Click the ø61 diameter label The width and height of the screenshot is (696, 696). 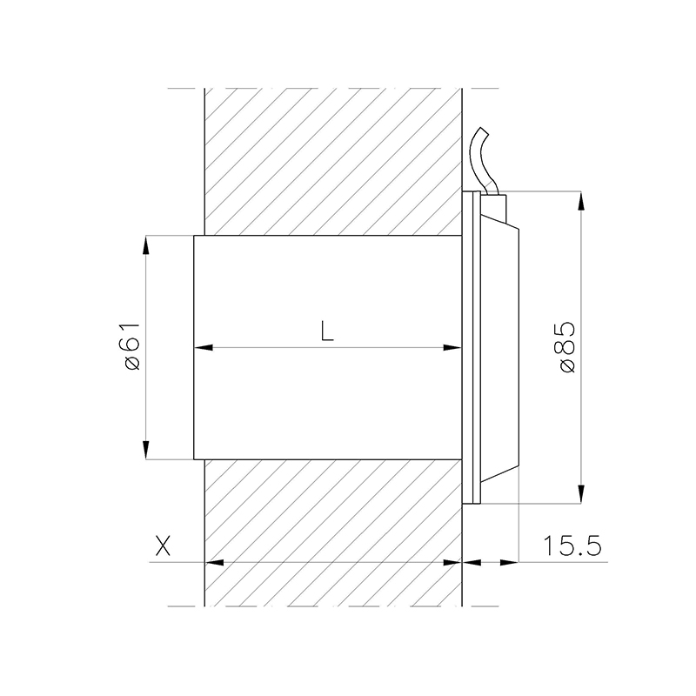click(x=133, y=346)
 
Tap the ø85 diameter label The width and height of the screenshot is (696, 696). click(x=568, y=347)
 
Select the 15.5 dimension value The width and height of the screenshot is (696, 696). click(x=572, y=545)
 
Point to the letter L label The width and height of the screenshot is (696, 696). click(x=327, y=331)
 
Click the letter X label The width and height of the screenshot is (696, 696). click(x=163, y=545)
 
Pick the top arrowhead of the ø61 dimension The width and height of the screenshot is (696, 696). click(x=146, y=244)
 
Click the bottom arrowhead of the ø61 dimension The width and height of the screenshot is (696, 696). click(x=146, y=450)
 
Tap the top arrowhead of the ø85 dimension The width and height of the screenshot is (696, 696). click(x=581, y=201)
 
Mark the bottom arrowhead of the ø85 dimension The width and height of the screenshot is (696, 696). click(x=581, y=494)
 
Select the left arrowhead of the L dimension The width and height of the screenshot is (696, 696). click(x=204, y=347)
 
